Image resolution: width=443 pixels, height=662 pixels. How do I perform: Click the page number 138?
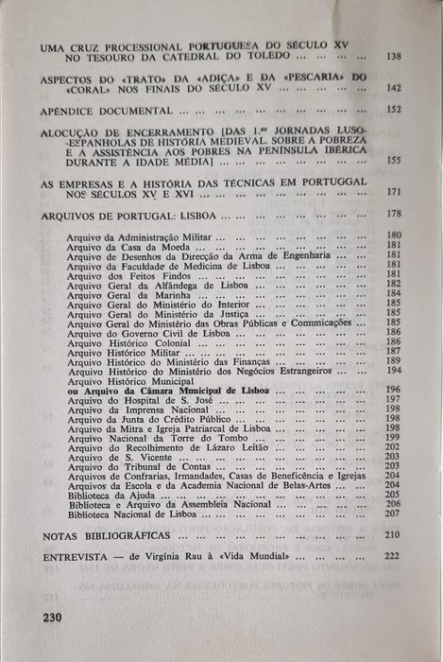(x=394, y=57)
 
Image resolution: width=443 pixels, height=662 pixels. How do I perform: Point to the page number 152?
(x=394, y=110)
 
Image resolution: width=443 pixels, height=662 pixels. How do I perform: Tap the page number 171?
(x=394, y=192)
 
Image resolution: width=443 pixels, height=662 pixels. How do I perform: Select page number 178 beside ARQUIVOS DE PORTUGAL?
(x=394, y=215)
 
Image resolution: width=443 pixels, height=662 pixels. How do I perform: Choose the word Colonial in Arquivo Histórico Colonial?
(x=165, y=341)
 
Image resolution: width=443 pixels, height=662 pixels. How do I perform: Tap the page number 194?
(x=393, y=370)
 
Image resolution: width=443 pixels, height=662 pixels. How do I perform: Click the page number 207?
(x=393, y=514)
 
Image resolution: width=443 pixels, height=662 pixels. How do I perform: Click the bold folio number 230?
(x=57, y=616)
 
